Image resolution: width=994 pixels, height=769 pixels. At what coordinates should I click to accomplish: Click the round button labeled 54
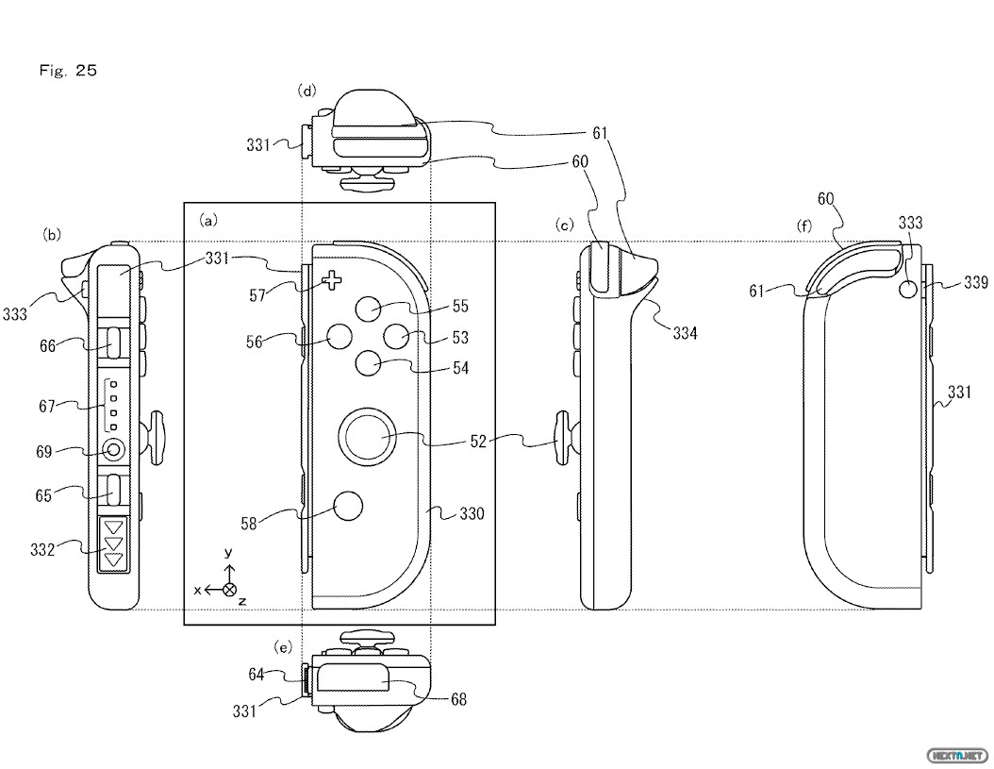click(x=369, y=363)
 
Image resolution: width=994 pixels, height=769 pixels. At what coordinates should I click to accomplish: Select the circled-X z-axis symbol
click(x=228, y=589)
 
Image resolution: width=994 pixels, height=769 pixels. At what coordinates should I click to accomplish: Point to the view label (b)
click(x=53, y=233)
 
